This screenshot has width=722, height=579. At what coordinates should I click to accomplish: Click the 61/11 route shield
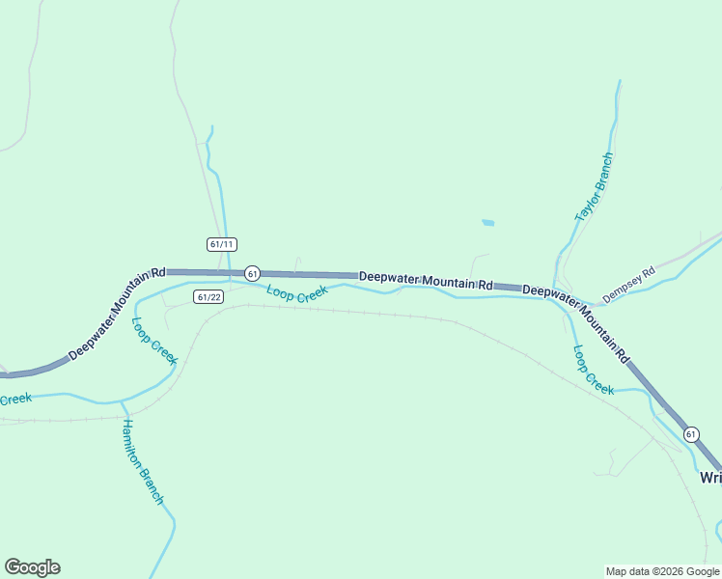pos(222,244)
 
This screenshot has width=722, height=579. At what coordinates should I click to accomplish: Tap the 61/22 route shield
pos(208,296)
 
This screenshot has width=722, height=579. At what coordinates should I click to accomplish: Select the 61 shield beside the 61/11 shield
pos(252,274)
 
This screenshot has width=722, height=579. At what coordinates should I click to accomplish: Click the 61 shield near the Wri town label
pos(691,434)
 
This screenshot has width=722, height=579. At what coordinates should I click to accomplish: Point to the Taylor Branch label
pos(594,188)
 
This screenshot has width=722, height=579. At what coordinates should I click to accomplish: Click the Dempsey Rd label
pos(628,285)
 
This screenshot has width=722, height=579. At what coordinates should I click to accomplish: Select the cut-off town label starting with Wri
pos(710,478)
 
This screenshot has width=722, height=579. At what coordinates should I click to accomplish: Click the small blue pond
pos(487,223)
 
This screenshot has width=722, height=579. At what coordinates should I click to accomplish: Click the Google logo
pos(32,567)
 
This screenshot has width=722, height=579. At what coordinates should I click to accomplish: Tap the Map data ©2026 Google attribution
pos(662,571)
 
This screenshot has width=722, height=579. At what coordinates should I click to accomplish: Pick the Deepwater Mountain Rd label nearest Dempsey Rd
pos(576,322)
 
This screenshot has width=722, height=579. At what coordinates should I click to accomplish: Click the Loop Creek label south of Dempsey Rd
pos(593,371)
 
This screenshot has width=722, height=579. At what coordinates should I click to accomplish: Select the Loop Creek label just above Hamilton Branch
pos(154,342)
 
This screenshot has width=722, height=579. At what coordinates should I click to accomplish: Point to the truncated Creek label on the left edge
pos(15,399)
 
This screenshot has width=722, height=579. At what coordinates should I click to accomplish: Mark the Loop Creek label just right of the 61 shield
pos(297,292)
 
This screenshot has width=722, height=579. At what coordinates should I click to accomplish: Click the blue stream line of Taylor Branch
pos(611,125)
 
